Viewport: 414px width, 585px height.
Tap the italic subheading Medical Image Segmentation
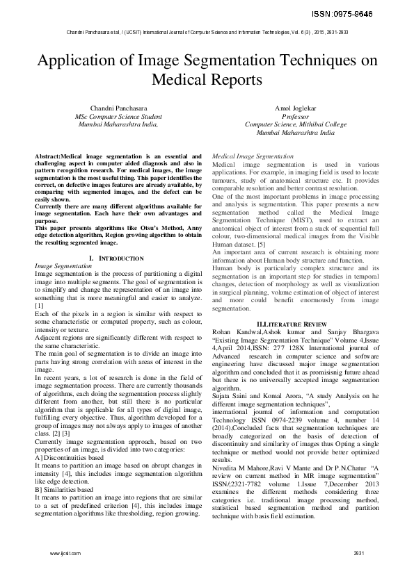click(252, 157)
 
